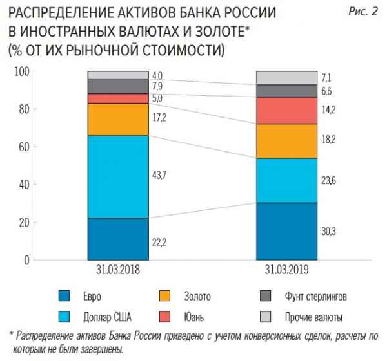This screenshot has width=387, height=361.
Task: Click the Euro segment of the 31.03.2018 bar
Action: click(x=118, y=239)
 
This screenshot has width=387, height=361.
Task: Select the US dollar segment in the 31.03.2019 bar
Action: click(x=286, y=181)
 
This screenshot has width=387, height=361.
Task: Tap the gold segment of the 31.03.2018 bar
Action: click(x=118, y=119)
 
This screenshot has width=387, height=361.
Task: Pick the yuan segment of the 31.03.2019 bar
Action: click(x=286, y=110)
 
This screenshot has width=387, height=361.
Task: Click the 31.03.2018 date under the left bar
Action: click(x=118, y=270)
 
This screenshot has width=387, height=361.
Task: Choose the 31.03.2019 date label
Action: click(x=286, y=270)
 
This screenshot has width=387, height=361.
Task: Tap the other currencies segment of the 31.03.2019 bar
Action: click(x=286, y=78)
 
